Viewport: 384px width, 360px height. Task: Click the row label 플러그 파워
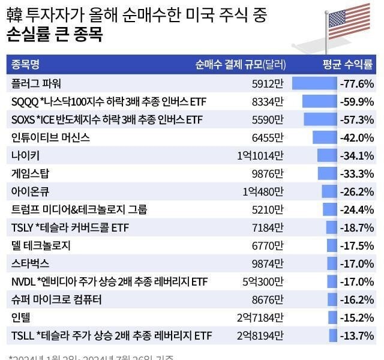click(36, 83)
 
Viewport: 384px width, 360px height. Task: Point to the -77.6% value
click(357, 83)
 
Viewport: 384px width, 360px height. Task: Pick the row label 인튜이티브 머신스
click(50, 137)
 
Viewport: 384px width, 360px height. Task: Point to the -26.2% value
click(357, 191)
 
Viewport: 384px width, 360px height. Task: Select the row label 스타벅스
click(30, 263)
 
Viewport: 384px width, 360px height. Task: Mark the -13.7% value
click(357, 335)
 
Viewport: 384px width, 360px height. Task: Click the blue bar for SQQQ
click(319, 101)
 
